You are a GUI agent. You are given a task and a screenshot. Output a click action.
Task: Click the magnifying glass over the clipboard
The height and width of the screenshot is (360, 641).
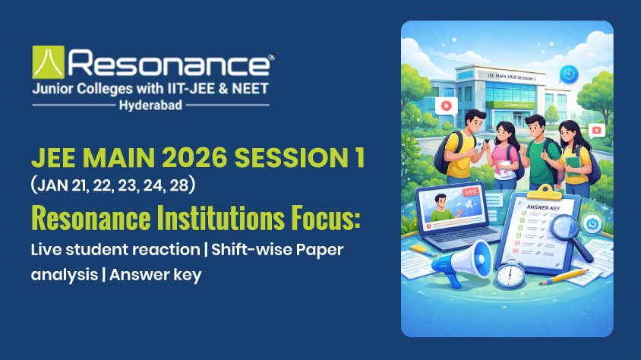click(565, 226)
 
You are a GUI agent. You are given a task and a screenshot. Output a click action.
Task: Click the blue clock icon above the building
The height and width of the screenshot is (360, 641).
click(567, 73)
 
